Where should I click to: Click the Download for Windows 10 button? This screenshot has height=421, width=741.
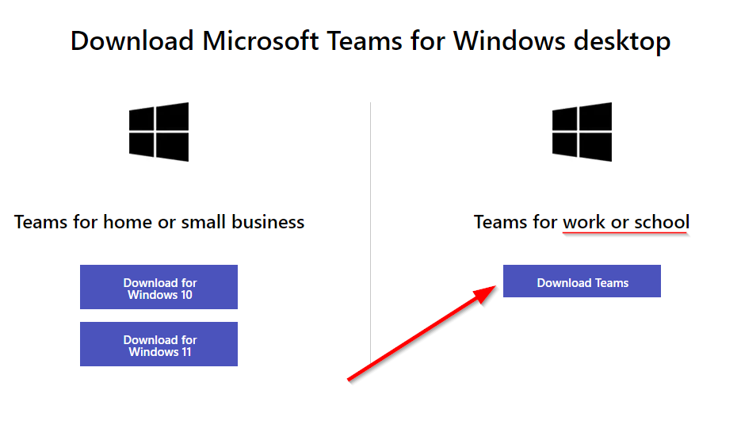[159, 287]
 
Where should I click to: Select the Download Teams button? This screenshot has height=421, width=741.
[582, 281]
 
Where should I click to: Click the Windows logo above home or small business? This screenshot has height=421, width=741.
[159, 132]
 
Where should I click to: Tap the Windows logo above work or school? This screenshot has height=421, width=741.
[582, 132]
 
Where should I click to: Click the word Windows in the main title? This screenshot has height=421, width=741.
[510, 40]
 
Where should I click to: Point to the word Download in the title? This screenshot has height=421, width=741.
[132, 40]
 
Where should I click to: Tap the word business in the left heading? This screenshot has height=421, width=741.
[268, 222]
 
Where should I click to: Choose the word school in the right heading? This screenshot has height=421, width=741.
[662, 222]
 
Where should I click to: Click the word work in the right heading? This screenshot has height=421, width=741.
[584, 222]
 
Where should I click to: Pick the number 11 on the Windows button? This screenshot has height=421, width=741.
[186, 352]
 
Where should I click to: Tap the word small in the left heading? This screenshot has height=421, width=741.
[203, 222]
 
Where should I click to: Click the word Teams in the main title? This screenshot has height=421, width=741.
[365, 40]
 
